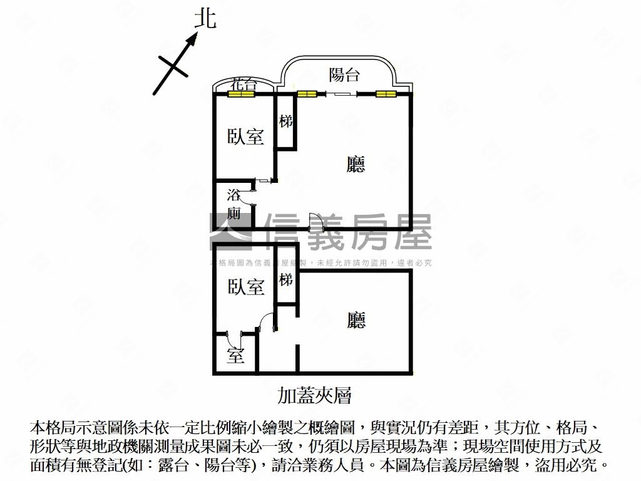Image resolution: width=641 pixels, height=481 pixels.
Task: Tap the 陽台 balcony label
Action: [x=344, y=75]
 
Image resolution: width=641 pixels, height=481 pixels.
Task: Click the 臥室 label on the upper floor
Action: [x=245, y=136]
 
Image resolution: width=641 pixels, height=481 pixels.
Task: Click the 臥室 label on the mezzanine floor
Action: [x=245, y=287]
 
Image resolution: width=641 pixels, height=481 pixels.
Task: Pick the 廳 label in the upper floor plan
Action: [x=356, y=164]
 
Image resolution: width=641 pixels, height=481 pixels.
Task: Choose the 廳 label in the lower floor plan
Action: [x=356, y=320]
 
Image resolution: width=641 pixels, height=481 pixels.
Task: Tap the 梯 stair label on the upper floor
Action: [x=286, y=121]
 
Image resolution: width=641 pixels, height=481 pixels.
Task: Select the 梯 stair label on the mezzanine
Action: [x=286, y=279]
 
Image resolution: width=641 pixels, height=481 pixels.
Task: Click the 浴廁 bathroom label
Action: [x=233, y=203]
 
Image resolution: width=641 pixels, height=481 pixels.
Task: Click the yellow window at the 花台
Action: [x=242, y=95]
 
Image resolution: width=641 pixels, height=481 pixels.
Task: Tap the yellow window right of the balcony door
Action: [x=386, y=95]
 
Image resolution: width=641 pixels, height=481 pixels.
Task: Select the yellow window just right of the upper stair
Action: [x=307, y=95]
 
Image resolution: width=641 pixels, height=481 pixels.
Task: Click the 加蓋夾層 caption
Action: [x=314, y=395]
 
